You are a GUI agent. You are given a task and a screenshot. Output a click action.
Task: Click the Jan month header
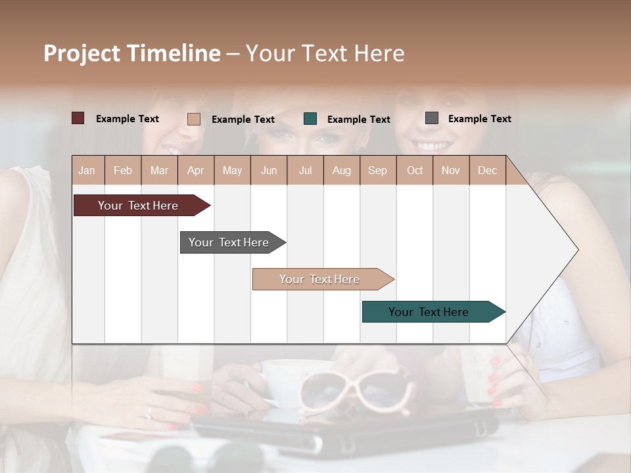pos(87,170)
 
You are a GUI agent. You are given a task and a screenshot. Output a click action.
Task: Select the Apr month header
pos(196,170)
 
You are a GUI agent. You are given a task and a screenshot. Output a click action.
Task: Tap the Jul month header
pos(306,170)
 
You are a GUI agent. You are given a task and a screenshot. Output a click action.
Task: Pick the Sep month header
pos(378,170)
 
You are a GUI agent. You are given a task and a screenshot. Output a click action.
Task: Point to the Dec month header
pos(487,170)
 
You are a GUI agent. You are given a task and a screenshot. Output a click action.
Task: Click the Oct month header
pos(415,170)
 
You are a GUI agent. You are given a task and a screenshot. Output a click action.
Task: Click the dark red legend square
pos(78,118)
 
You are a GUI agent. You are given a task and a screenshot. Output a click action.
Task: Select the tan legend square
pos(193,119)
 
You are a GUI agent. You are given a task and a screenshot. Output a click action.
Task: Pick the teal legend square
pos(310,119)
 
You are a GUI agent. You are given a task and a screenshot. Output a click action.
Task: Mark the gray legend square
pos(431,118)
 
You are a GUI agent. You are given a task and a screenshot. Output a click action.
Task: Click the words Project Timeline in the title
pos(132,53)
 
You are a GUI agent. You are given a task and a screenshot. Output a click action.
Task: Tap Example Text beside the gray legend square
pos(479,119)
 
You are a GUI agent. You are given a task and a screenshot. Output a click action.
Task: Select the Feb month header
pos(123,170)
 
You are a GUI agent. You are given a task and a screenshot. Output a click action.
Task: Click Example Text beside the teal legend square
pos(358,120)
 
